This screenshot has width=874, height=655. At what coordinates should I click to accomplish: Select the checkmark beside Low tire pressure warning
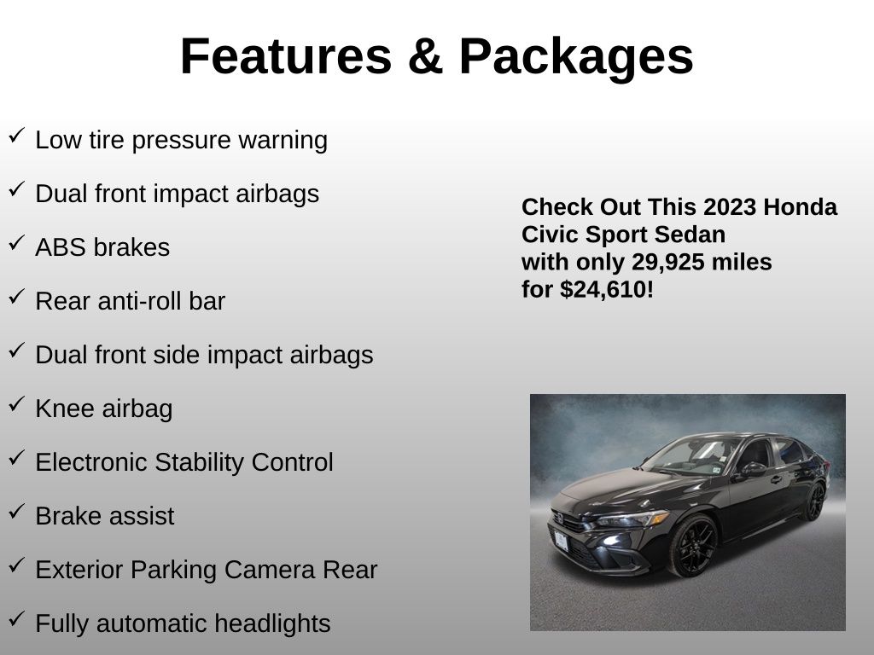(x=17, y=136)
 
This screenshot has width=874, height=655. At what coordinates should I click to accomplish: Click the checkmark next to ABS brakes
(x=17, y=243)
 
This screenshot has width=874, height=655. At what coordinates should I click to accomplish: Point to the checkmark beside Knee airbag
(x=17, y=403)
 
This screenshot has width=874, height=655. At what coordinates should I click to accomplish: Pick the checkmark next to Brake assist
(x=17, y=512)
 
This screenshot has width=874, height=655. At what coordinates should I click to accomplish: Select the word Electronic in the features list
(x=91, y=462)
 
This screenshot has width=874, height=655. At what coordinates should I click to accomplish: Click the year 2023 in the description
(x=729, y=207)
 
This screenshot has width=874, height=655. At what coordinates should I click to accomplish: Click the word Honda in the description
(x=800, y=207)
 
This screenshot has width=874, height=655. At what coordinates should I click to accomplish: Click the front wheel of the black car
(x=693, y=547)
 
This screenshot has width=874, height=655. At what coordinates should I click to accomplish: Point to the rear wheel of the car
(x=815, y=501)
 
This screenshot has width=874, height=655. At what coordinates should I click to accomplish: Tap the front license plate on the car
(x=561, y=541)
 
